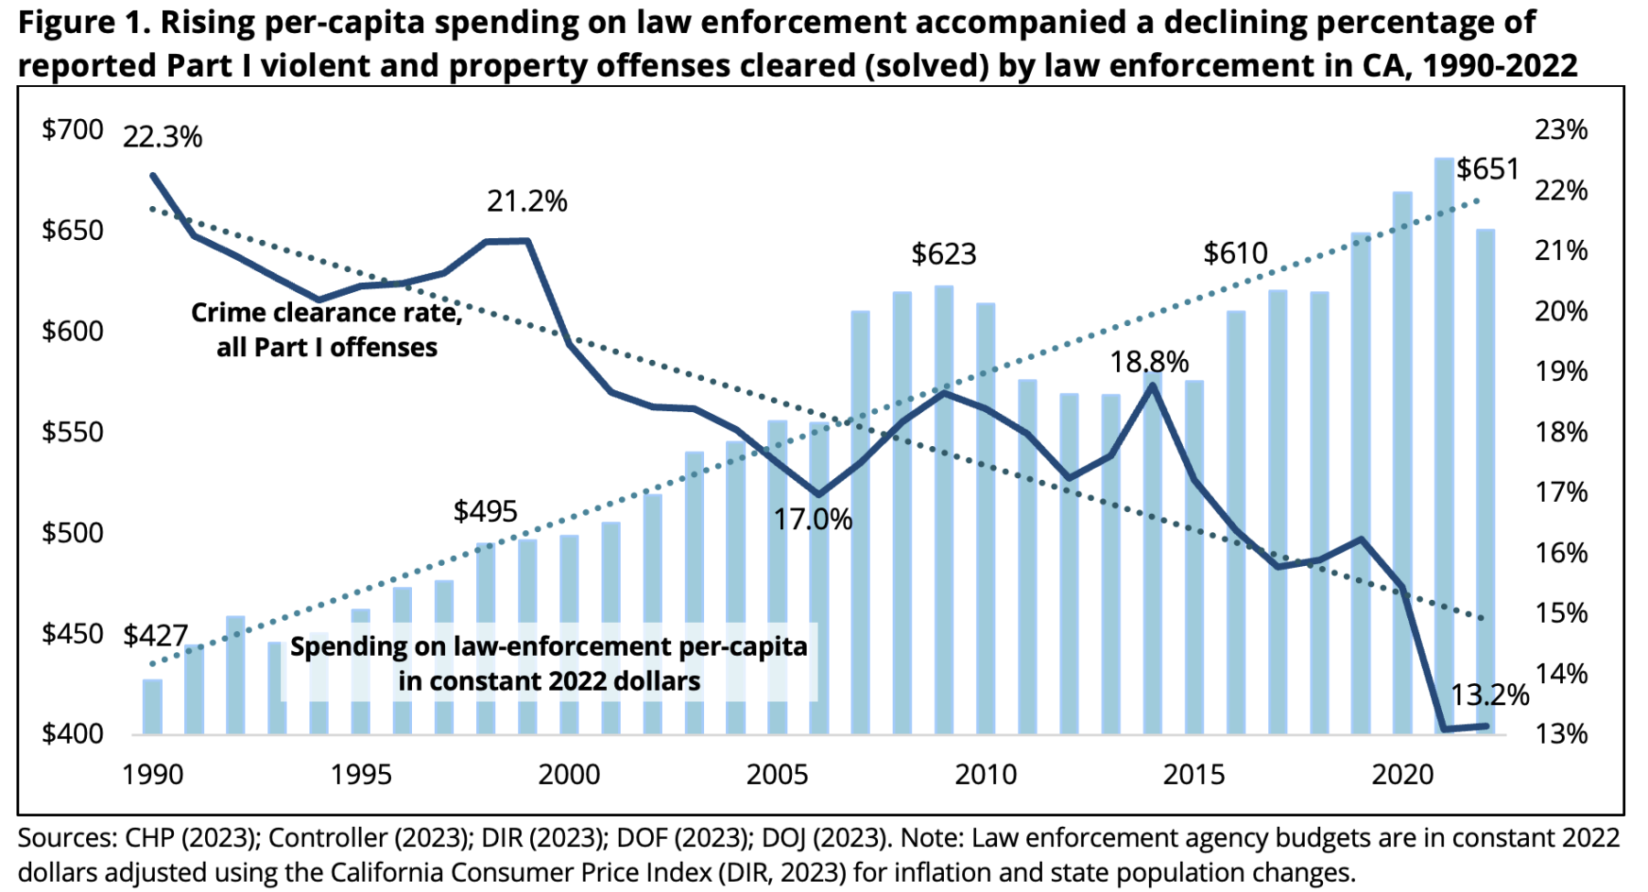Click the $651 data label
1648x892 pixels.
pos(1488,169)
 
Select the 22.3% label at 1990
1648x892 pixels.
pos(162,137)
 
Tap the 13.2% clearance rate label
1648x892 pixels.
pos(1490,695)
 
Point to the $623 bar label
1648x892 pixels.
pos(943,255)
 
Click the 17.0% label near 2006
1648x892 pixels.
pos(812,520)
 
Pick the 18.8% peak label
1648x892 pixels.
pos(1149,363)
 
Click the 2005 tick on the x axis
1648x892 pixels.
pos(776,775)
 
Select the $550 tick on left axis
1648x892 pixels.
pos(72,432)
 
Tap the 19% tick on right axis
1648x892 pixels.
pos(1561,372)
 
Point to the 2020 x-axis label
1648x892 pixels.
pos(1402,775)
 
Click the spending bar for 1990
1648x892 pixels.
pos(152,707)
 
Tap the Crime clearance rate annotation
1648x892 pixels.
pos(326,331)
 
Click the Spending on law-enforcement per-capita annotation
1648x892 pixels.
pos(548,664)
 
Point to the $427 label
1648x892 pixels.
pos(156,636)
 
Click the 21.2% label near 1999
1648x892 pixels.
pos(526,201)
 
